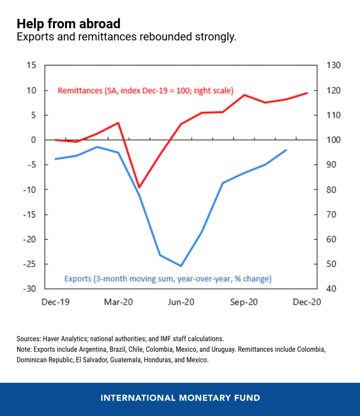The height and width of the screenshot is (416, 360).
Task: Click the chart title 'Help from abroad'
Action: [68, 23]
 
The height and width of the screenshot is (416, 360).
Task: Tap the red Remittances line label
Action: [145, 91]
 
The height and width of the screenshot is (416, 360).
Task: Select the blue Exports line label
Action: [167, 279]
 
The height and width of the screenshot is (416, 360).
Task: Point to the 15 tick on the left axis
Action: [30, 66]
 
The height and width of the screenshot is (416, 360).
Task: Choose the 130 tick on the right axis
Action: [333, 66]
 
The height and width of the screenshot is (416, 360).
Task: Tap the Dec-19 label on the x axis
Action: [55, 303]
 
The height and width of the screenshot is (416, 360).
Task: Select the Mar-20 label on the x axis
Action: [119, 303]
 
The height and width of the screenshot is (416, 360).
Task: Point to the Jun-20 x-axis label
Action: [180, 303]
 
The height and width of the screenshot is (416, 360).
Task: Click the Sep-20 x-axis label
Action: [244, 303]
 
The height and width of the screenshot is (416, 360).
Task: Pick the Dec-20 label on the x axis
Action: [307, 303]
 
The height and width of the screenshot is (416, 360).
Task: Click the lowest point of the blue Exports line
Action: [181, 266]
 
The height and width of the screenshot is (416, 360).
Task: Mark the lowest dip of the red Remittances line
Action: [139, 187]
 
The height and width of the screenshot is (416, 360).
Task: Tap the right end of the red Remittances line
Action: [307, 93]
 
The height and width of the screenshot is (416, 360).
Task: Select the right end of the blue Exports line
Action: [286, 150]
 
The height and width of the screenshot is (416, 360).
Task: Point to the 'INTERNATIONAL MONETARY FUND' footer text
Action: [180, 398]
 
